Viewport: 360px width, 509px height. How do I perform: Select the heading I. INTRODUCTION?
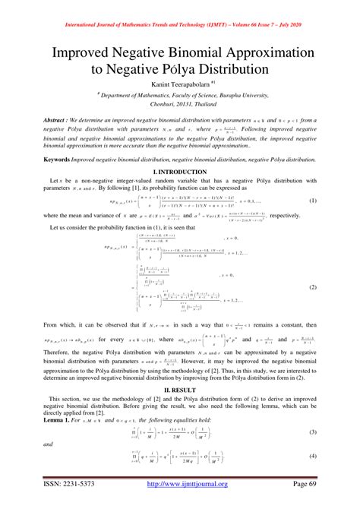pos(180,173)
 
